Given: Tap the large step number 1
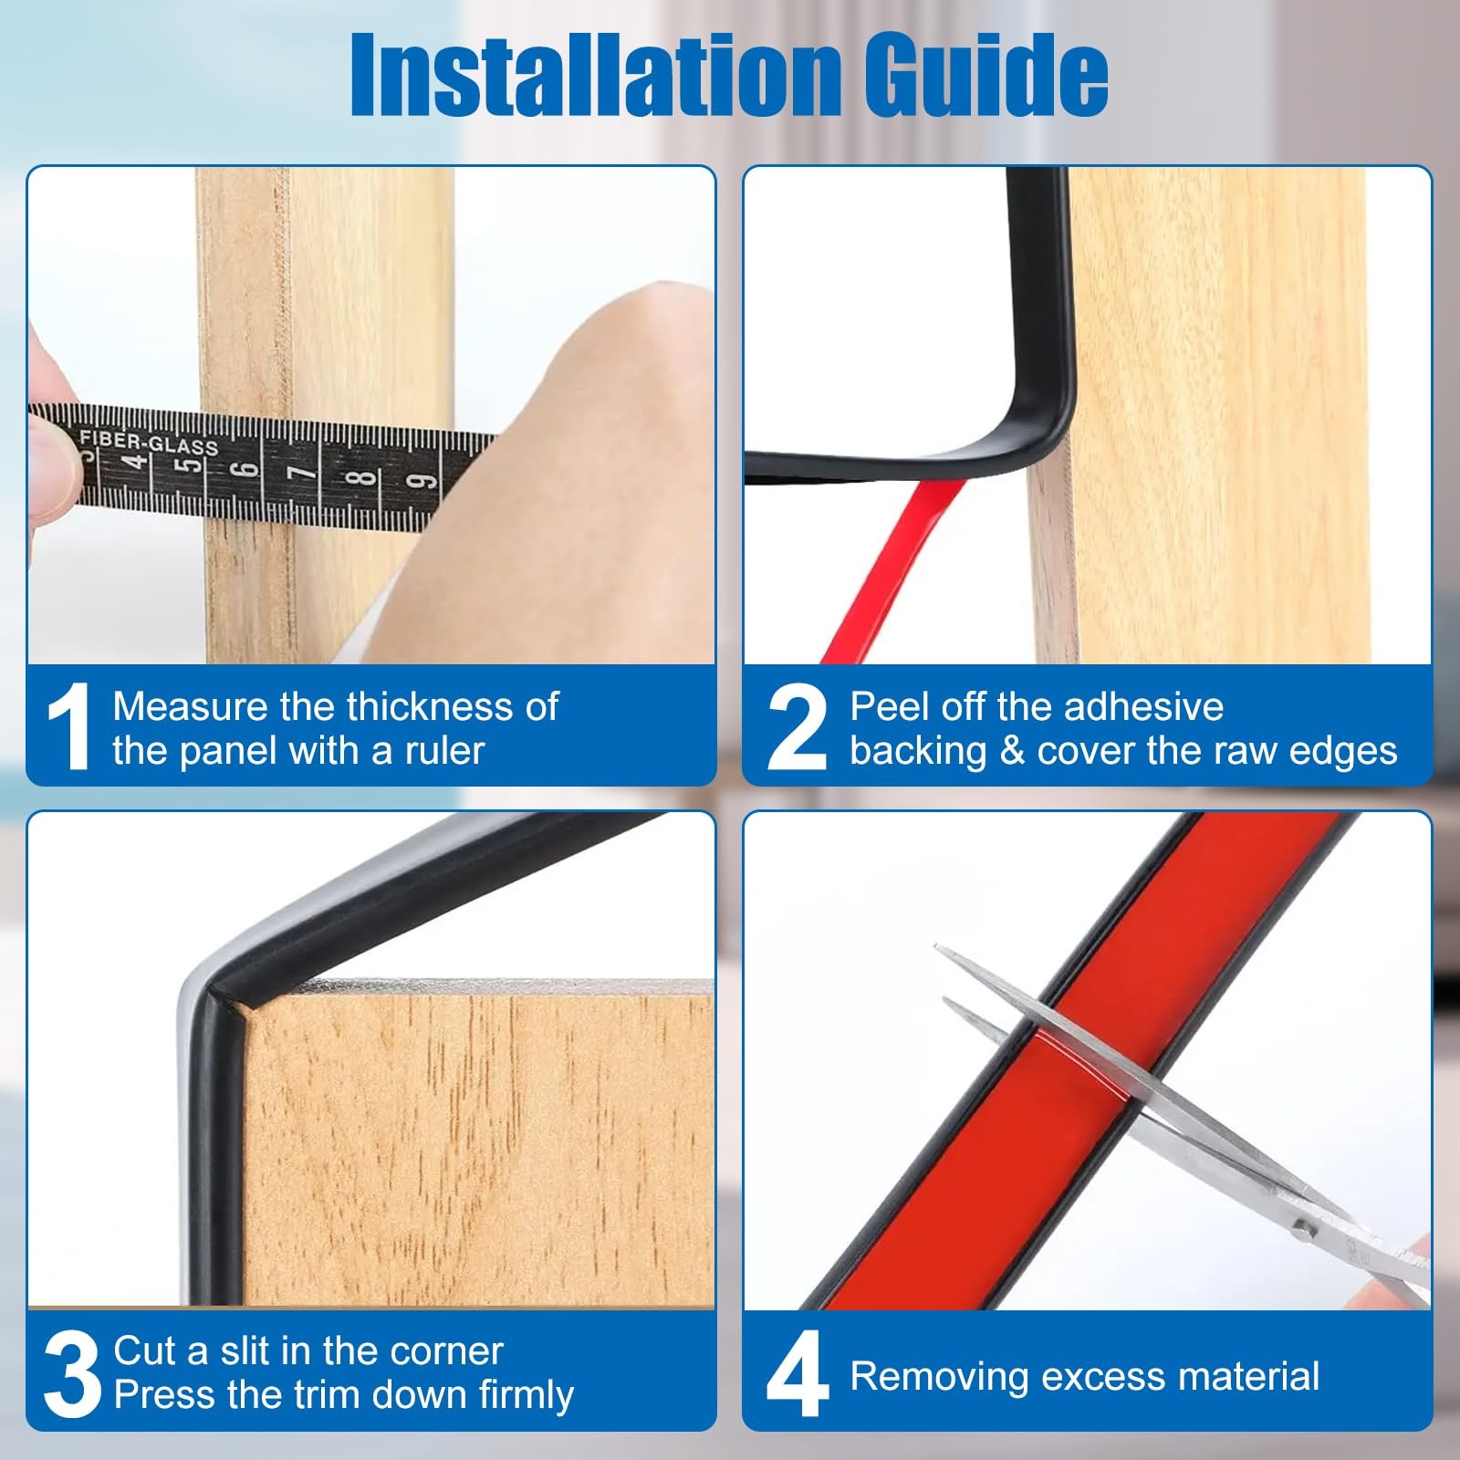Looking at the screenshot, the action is pyautogui.click(x=69, y=727).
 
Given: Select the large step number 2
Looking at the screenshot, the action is pyautogui.click(x=797, y=727).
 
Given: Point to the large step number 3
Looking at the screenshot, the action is pyautogui.click(x=71, y=1374).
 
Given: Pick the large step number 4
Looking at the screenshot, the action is pyautogui.click(x=798, y=1374).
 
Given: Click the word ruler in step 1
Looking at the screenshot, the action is pyautogui.click(x=445, y=751).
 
